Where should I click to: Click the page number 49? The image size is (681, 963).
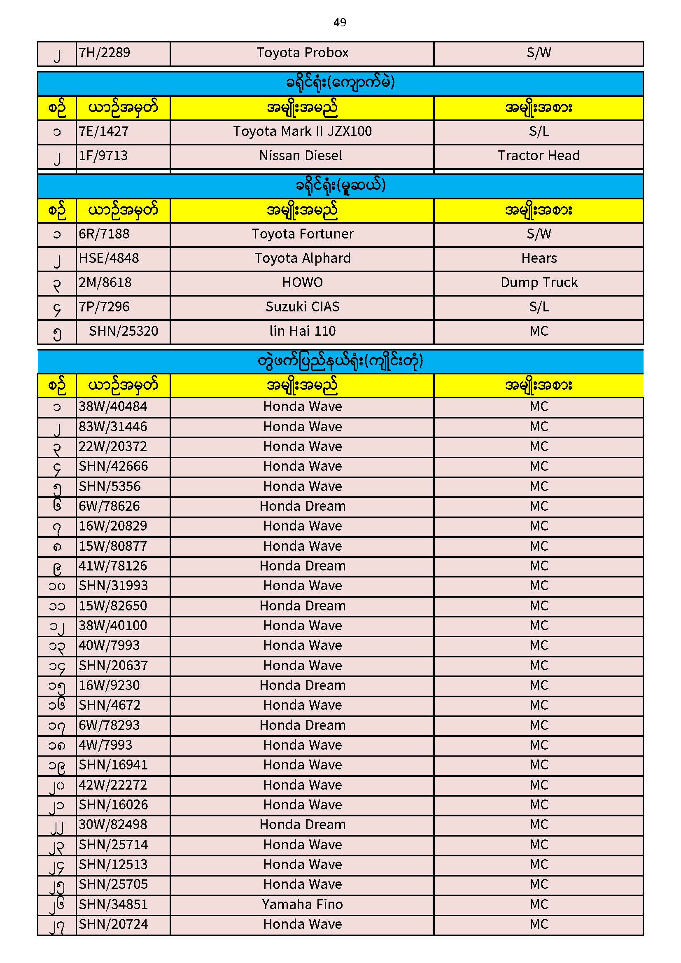(340, 22)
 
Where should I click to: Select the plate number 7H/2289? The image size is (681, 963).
(105, 53)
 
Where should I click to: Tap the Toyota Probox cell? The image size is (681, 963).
(302, 53)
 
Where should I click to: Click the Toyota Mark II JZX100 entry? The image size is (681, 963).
(302, 132)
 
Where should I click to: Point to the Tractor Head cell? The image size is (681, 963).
(539, 156)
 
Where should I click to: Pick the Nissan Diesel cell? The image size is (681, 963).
(300, 156)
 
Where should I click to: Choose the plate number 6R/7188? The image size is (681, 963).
(104, 234)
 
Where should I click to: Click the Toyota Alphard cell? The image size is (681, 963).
(302, 258)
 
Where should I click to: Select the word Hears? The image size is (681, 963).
(539, 258)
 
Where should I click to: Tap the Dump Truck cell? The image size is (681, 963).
(539, 283)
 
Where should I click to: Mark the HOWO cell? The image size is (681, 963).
(302, 283)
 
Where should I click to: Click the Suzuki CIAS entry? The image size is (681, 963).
(302, 307)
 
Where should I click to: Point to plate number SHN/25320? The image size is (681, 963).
(124, 331)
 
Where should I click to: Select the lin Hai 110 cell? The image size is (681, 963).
(302, 331)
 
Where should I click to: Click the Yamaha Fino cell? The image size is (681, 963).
(302, 905)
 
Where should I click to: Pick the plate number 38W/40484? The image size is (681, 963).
(113, 407)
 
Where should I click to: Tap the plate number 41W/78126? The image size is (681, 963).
(113, 566)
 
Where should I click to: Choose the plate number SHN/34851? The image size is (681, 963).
(113, 905)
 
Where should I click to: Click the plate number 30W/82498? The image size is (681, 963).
(113, 825)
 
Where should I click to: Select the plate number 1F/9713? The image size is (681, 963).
(103, 156)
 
